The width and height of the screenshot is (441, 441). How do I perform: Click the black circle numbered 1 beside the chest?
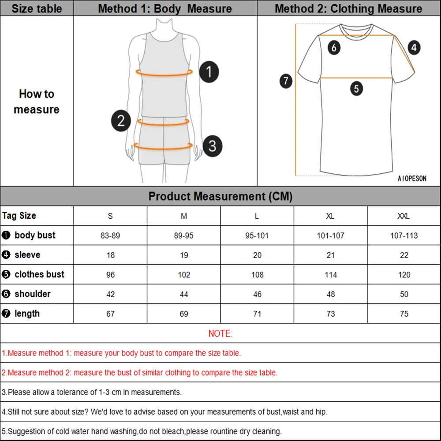coord(209,72)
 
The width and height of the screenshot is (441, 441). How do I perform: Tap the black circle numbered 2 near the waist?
coord(121,120)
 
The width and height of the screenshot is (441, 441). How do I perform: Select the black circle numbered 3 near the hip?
coord(213,145)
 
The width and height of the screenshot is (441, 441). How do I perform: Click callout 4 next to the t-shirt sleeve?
coord(413,47)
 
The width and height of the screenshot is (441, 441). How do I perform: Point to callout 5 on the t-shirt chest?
coord(356,89)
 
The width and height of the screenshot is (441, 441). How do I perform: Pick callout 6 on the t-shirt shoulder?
coord(334,47)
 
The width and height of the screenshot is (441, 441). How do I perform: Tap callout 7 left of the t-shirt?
coord(286,81)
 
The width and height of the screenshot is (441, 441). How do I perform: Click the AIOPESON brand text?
coord(412,179)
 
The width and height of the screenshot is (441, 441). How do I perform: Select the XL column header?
coord(330,216)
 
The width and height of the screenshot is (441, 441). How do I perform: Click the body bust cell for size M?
coord(184,235)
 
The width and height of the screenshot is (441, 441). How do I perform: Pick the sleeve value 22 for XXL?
coord(404,255)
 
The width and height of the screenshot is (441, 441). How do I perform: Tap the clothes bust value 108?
coord(257,275)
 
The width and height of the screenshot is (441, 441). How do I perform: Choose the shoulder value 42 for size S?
coord(110,294)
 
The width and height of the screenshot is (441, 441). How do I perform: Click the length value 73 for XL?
coord(330,314)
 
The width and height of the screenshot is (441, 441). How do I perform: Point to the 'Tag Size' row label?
coord(19,216)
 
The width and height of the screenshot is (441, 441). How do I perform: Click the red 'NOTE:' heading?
coord(220,334)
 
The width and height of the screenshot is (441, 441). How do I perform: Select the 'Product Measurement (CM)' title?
coord(220,196)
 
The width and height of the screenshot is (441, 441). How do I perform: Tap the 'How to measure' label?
coord(37,101)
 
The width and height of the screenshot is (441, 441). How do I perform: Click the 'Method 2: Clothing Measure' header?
coord(348,8)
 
